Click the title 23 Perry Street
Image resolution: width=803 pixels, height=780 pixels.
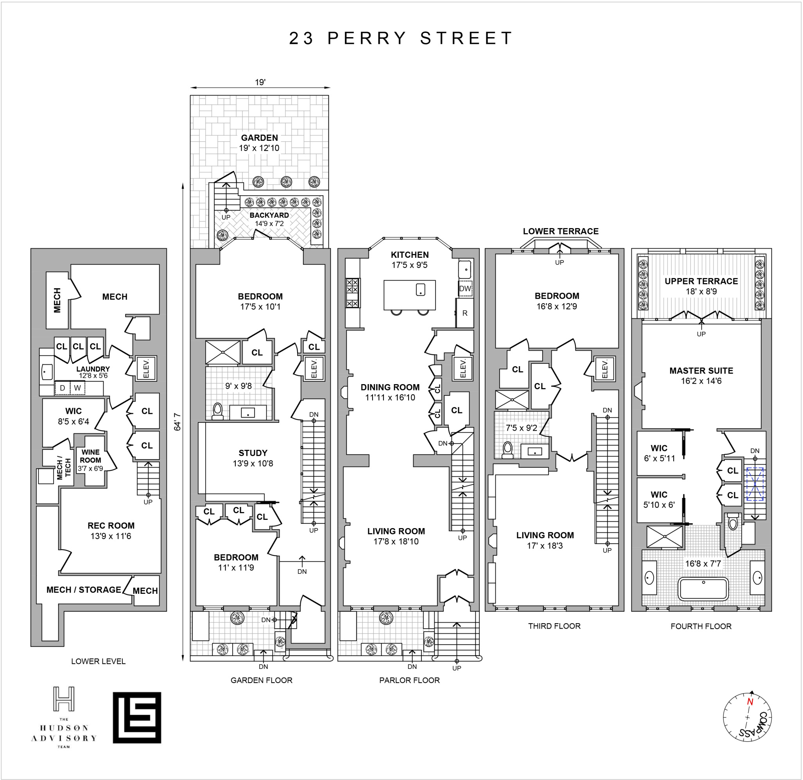point(401,38)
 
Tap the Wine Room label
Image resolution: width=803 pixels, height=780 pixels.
point(91,456)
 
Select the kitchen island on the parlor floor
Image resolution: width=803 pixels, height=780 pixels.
point(409,295)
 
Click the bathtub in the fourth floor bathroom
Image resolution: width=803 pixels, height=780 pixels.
point(703,589)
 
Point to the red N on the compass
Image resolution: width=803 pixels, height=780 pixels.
point(750,701)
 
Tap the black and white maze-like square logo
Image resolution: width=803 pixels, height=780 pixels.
point(137,718)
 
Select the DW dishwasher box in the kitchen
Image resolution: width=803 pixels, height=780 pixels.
point(465,289)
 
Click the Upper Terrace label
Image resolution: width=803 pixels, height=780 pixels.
point(701,281)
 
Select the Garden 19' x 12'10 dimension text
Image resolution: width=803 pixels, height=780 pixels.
point(259,148)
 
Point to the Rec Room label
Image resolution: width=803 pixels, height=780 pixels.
point(111,525)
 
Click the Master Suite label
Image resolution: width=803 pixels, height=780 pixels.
point(701,370)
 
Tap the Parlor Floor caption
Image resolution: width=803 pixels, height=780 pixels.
point(409,680)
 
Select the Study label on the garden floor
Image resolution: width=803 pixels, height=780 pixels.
point(253,453)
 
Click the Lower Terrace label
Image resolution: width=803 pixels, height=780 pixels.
point(561,231)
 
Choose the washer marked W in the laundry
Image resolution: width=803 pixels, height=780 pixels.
point(77,388)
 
